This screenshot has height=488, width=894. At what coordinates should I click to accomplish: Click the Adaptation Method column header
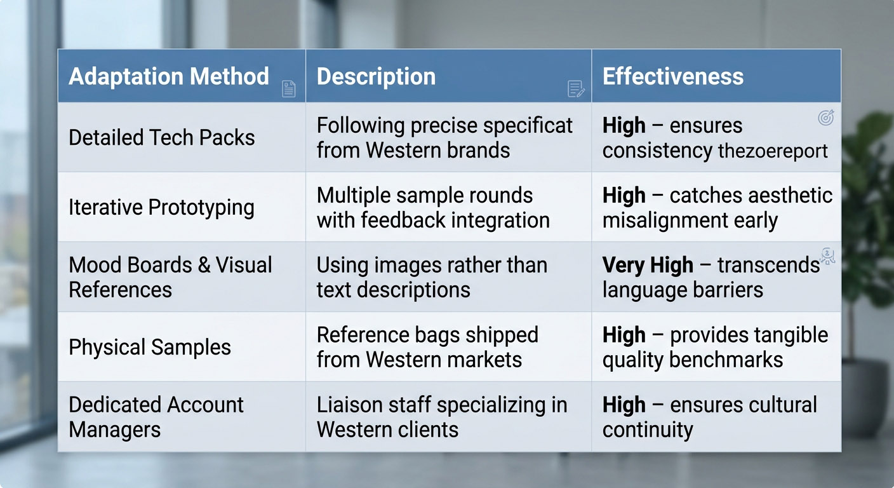tap(169, 76)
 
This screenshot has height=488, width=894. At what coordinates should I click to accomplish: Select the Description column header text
tap(376, 76)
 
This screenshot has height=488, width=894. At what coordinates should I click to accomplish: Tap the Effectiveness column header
tap(673, 76)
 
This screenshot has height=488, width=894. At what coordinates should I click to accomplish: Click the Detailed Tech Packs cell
tap(162, 138)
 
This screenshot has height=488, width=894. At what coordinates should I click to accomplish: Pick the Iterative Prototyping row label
tap(162, 208)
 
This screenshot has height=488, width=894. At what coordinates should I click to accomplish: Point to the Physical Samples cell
tap(150, 347)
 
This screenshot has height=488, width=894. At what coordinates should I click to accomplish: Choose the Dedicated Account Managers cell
tap(156, 417)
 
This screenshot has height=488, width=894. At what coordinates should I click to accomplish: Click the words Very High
tap(648, 265)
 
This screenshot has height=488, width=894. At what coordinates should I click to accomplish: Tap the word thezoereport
tap(773, 151)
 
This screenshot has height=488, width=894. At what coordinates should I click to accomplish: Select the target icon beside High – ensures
tap(826, 118)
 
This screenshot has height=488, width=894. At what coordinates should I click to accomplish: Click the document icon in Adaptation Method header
tap(288, 89)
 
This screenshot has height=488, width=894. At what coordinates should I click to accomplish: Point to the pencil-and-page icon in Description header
tap(576, 89)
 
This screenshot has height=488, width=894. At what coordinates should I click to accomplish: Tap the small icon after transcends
tap(827, 256)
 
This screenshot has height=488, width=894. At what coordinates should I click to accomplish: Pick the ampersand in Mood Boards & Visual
tap(204, 265)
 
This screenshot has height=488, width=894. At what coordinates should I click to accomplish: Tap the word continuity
tap(648, 430)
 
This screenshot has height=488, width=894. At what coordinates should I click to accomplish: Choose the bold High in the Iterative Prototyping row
tap(624, 196)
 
